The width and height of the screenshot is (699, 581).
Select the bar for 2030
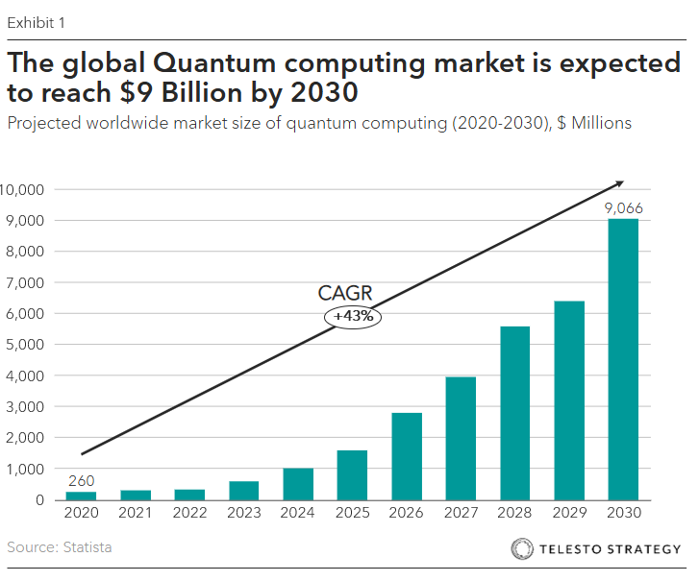(x=622, y=359)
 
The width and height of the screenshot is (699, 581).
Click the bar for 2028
(x=514, y=413)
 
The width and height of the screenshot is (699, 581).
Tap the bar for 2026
(x=406, y=456)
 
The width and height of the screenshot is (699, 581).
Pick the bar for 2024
(x=297, y=484)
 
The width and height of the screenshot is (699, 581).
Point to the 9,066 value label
(x=623, y=208)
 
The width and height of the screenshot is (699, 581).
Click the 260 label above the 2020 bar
(x=80, y=481)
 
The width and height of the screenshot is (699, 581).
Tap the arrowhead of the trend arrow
(x=619, y=182)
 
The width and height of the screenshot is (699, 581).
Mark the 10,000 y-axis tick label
(x=22, y=189)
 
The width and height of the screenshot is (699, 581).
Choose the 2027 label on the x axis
(x=461, y=514)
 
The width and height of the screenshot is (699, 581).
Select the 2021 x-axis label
(x=135, y=514)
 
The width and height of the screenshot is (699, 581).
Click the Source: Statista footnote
(x=60, y=547)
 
